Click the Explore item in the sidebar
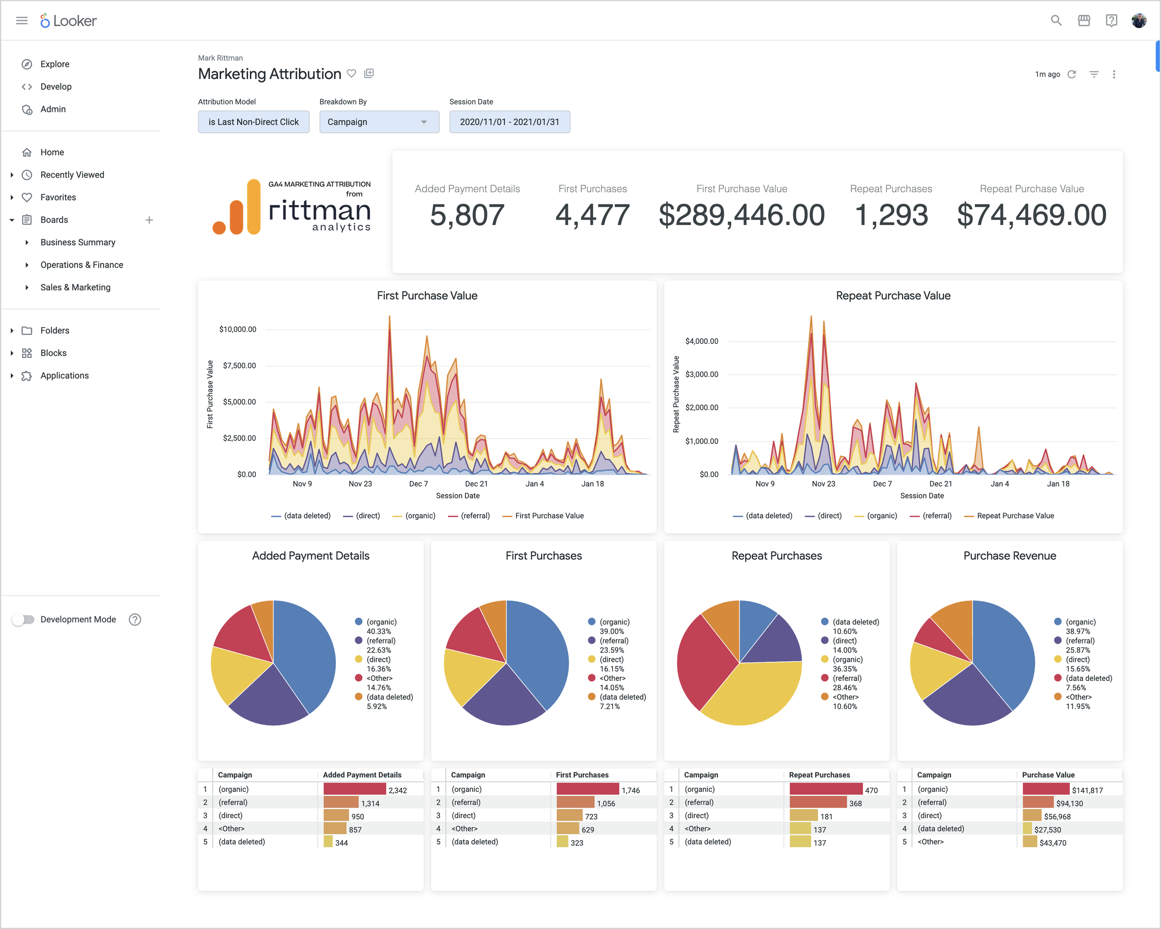[54, 64]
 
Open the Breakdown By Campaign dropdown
[378, 122]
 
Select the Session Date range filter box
[509, 122]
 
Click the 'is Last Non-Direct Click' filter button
[253, 122]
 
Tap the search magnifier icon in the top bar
[1056, 20]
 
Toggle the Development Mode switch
[23, 619]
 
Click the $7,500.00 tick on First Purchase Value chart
[239, 365]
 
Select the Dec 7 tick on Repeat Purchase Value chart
[882, 484]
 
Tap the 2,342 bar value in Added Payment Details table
[398, 790]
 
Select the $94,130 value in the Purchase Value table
[1069, 804]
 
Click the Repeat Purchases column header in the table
[819, 775]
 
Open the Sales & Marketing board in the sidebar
[75, 287]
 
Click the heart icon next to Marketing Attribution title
[352, 73]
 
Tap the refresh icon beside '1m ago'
[1072, 74]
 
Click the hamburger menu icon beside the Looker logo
[21, 20]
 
